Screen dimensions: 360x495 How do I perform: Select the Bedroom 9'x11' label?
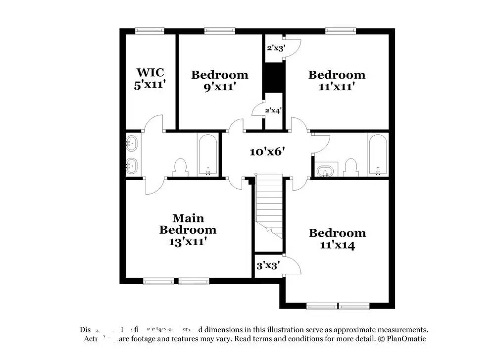point(219,81)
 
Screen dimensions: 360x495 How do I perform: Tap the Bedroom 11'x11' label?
point(337,81)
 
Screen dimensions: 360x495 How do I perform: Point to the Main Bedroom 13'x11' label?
point(188,230)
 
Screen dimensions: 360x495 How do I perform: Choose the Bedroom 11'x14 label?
point(337,239)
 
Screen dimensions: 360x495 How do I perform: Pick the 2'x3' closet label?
point(274,49)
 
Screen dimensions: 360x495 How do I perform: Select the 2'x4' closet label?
point(273,111)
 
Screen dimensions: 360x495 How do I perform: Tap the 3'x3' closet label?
point(268,265)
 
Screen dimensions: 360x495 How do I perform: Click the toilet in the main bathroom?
point(180,166)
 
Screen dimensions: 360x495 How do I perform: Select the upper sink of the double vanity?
point(132,144)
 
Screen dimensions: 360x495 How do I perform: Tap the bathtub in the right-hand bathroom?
point(377,154)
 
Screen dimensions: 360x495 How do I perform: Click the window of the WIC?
point(149,30)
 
